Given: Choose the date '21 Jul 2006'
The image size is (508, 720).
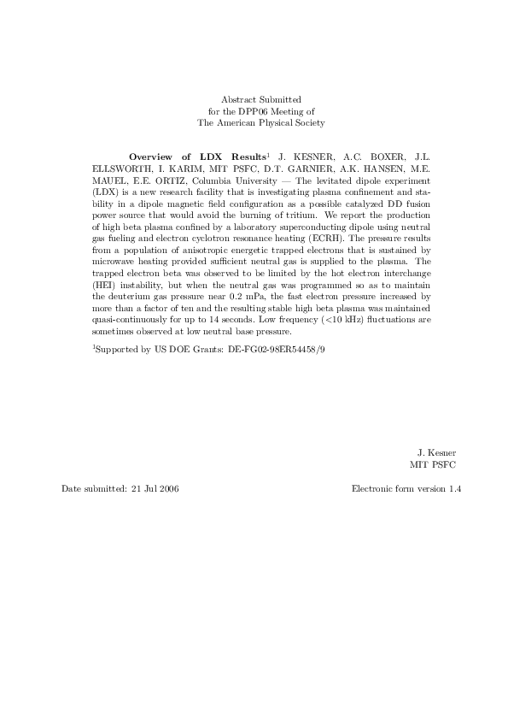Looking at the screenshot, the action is [156, 488].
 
